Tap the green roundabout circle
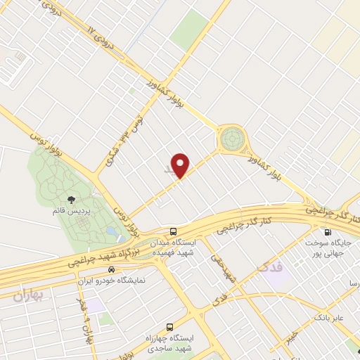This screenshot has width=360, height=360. [x=231, y=139]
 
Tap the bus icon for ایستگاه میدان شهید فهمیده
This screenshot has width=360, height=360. [x=172, y=231]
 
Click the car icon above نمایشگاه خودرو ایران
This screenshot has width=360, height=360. [x=110, y=269]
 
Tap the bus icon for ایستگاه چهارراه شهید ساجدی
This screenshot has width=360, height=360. [x=169, y=327]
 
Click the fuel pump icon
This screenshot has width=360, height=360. [x=327, y=233]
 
